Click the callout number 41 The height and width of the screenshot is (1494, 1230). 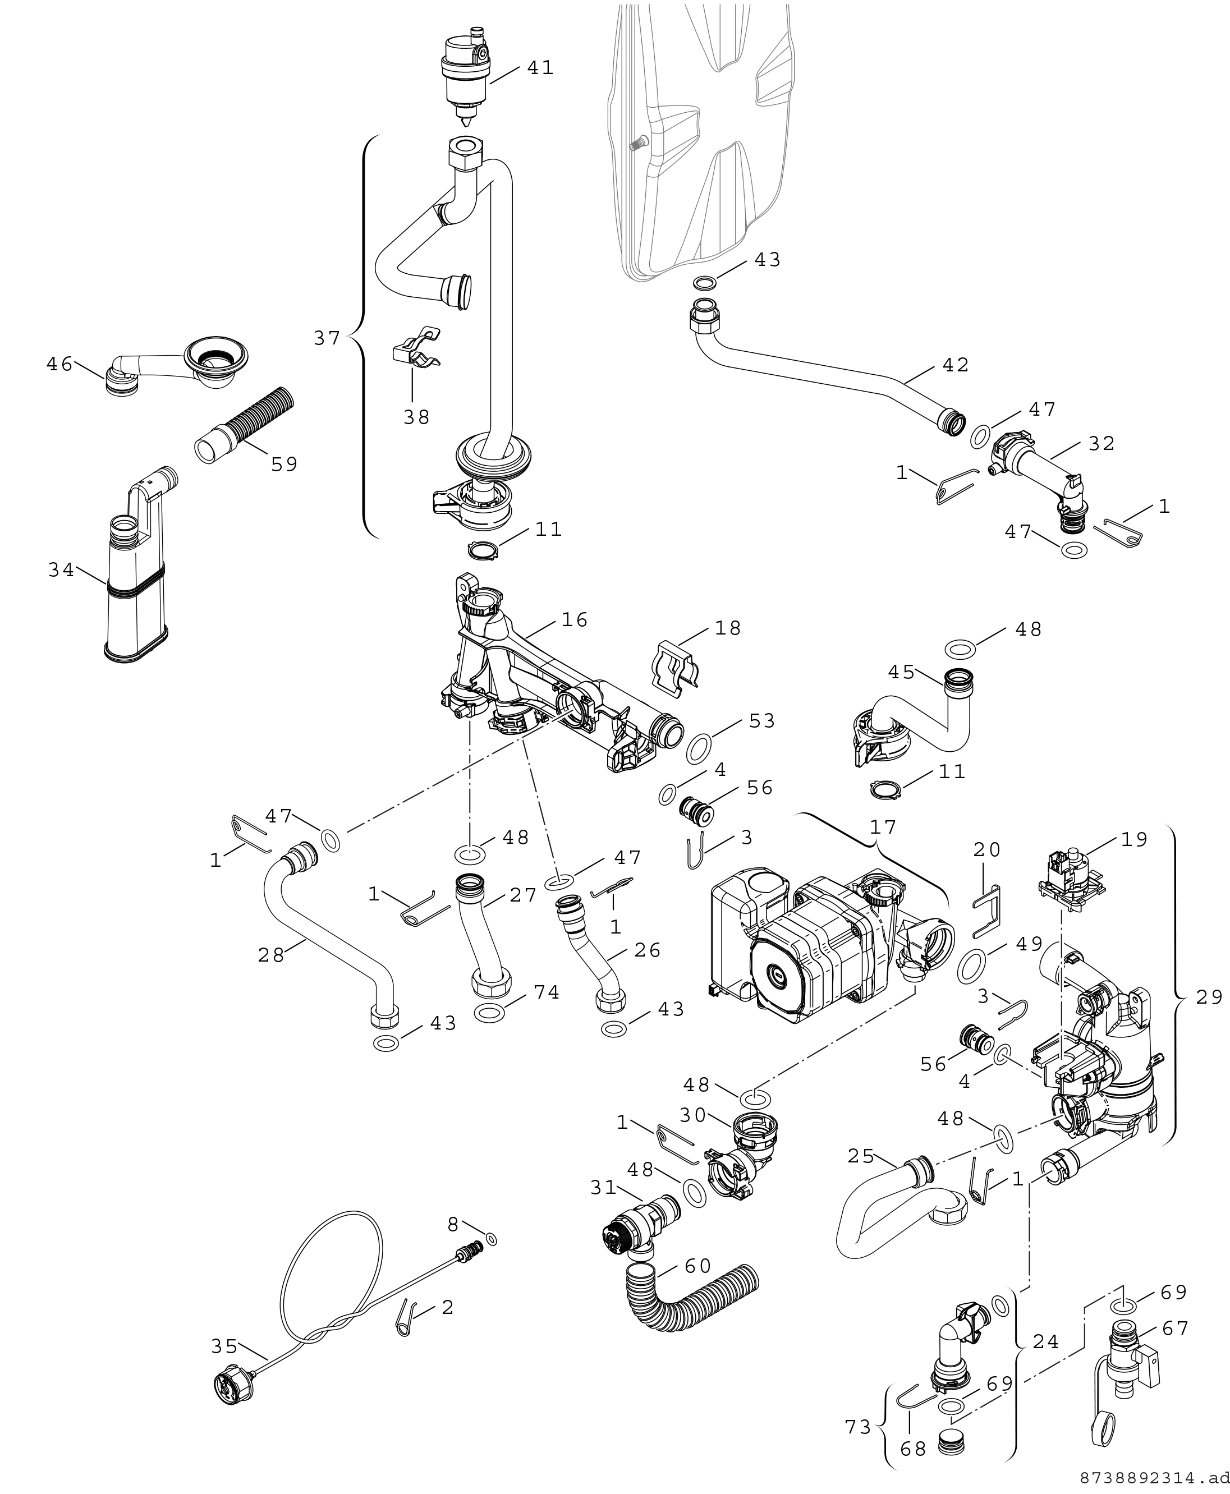click(540, 68)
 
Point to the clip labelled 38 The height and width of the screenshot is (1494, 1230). click(417, 348)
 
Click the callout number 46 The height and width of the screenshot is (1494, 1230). click(59, 364)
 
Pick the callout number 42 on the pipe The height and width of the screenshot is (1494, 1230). click(955, 365)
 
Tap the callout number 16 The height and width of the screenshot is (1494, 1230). click(575, 620)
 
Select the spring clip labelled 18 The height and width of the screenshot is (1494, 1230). click(675, 664)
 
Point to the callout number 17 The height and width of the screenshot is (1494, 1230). click(883, 827)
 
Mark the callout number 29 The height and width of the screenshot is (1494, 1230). click(1209, 997)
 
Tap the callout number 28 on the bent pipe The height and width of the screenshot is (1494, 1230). click(272, 955)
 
